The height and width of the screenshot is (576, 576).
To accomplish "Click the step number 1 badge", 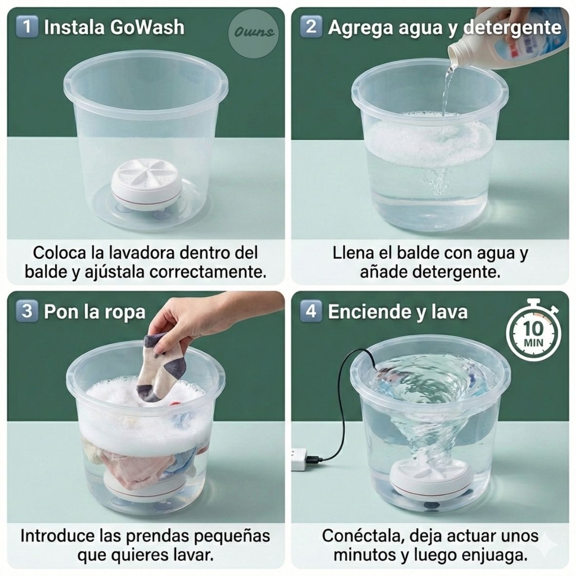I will coord(27,26).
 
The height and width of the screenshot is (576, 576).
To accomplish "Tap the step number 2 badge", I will coord(311,26).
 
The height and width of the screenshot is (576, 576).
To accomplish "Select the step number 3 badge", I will coord(27,311).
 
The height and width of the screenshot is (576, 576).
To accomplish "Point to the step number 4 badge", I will coord(311,311).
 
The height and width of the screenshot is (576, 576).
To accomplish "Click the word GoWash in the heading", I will coord(147,27).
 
